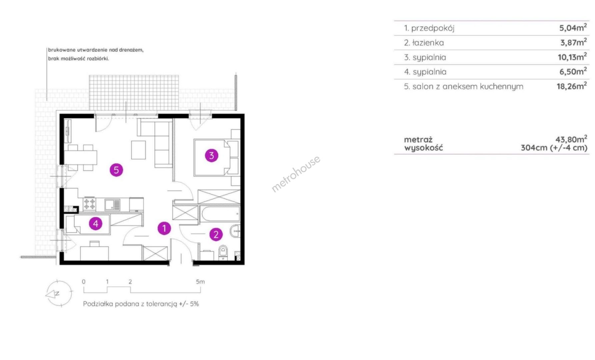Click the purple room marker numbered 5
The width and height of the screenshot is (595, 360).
tap(116, 170)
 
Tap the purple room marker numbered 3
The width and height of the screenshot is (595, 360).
tap(211, 155)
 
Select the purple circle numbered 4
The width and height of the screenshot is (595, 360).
tap(96, 223)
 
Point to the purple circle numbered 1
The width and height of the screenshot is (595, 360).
tap(164, 228)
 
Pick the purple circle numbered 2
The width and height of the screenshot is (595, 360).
tap(216, 235)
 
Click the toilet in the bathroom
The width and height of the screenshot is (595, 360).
tap(223, 252)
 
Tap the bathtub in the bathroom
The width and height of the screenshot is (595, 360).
tap(220, 214)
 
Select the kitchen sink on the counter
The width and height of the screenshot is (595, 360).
tap(113, 204)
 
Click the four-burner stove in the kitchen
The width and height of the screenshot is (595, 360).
tap(89, 204)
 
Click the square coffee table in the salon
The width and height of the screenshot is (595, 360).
tap(138, 150)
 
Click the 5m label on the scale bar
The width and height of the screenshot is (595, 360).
tap(200, 282)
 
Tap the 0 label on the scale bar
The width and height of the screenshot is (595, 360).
tap(84, 282)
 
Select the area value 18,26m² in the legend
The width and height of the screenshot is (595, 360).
tap(572, 86)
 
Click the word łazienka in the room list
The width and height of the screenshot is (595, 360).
tap(428, 43)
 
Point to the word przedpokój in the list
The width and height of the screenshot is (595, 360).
tap(433, 28)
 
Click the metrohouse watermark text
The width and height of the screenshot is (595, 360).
tap(296, 174)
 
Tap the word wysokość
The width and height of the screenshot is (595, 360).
tap(424, 148)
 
